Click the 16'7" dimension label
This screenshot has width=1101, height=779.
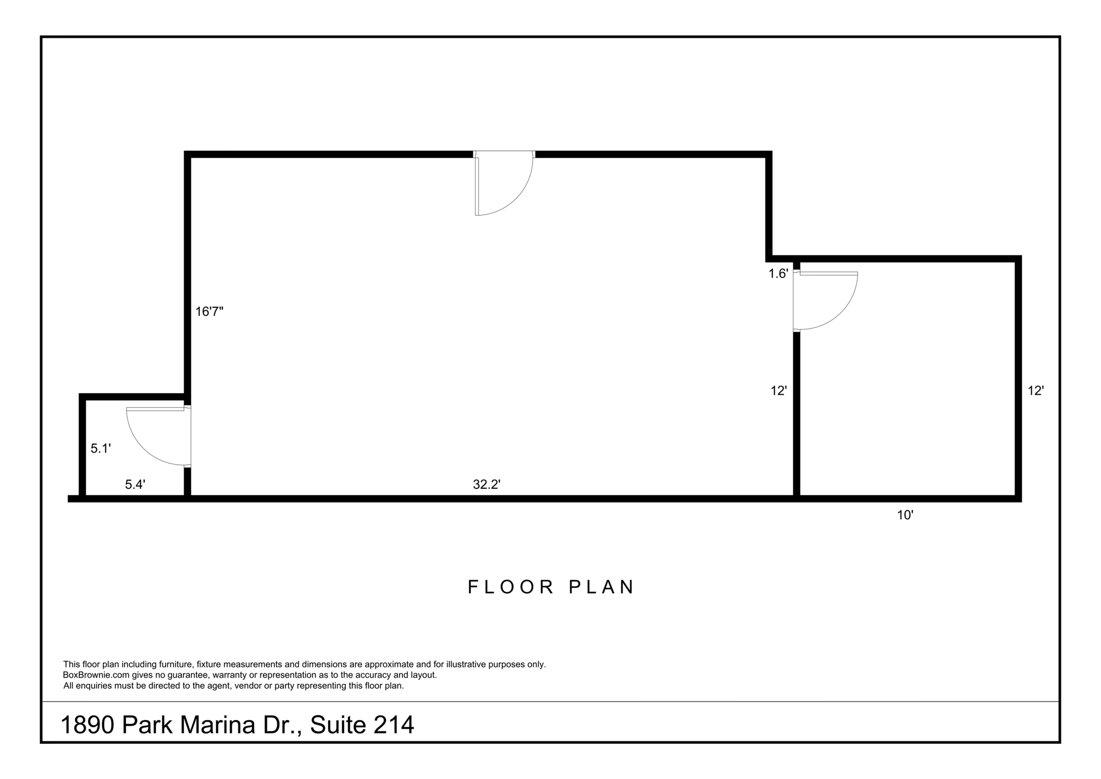coord(209,312)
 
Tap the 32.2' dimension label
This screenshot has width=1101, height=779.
coord(487,484)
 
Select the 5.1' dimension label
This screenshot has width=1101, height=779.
coord(101,449)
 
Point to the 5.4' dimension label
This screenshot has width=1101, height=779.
coord(135,484)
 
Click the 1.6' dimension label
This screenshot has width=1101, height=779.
coord(778,274)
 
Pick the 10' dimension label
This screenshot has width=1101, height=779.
coord(906,515)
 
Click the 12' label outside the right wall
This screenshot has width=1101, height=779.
coord(1036,391)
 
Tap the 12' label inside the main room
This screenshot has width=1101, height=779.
coord(778,391)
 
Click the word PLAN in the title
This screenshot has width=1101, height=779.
coord(601,587)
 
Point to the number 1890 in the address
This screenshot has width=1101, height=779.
coord(87,725)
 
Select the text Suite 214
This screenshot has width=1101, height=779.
coord(362,725)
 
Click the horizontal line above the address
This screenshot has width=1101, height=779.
coord(550,701)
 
